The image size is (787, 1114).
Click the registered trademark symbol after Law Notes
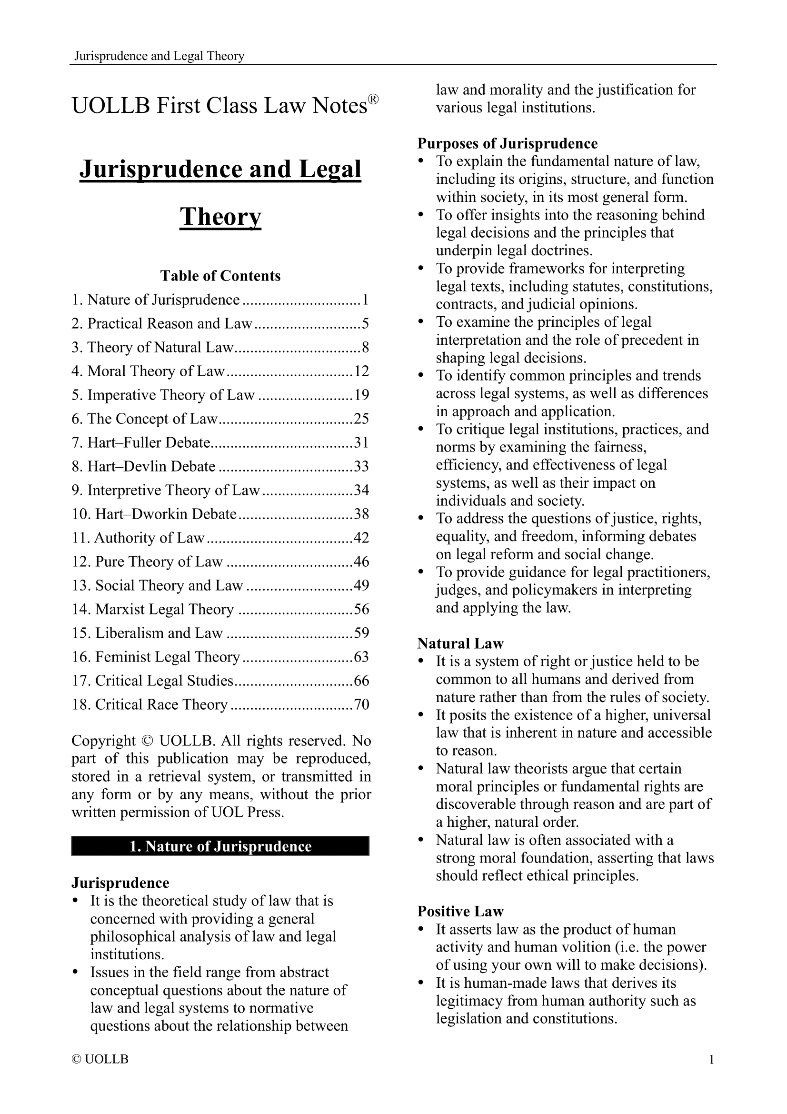click(373, 100)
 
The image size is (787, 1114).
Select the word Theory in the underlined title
click(220, 216)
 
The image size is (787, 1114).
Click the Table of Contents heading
click(220, 276)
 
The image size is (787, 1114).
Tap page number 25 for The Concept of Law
click(362, 419)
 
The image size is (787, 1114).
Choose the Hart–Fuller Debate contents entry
click(141, 442)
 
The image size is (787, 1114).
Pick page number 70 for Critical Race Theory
click(362, 704)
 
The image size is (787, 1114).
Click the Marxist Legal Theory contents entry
click(153, 609)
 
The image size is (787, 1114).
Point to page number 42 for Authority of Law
click(362, 538)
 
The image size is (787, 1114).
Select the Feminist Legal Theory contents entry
click(156, 656)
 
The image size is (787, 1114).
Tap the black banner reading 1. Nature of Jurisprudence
click(220, 846)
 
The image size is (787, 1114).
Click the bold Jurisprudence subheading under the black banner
click(120, 883)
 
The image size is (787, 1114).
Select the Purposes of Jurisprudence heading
click(507, 144)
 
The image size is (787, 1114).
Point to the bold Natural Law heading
click(460, 643)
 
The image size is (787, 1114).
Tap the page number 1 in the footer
click(711, 1059)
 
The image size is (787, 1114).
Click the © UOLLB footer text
click(100, 1059)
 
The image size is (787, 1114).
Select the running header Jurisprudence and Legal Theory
click(159, 56)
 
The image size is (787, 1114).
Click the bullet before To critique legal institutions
click(421, 430)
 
